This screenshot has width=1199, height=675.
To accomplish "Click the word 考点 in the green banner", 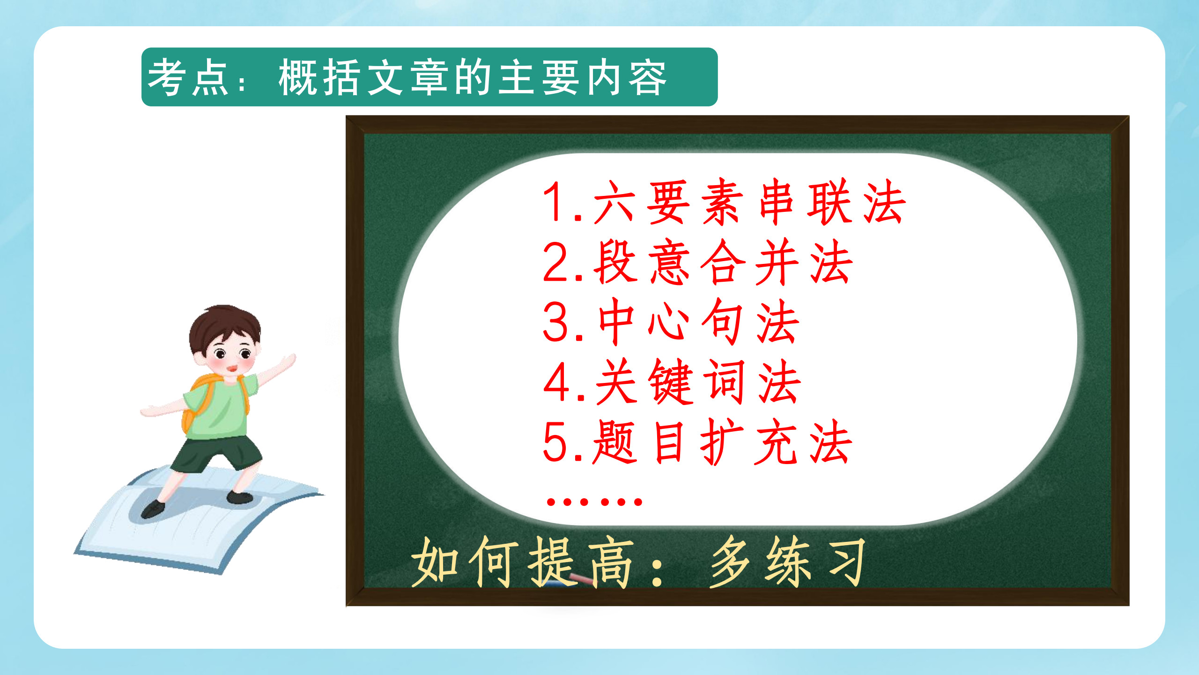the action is pos(188,78).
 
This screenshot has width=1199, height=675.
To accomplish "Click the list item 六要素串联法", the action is pos(749,202).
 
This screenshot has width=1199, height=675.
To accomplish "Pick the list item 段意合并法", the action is pos(723,262).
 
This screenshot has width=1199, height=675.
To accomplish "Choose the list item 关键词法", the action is pos(698,382).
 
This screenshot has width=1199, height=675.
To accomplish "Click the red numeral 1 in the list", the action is pos(555,202).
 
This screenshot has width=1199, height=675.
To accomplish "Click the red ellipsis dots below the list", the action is pos(594,502).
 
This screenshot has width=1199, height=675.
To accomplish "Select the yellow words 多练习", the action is pos(787,562).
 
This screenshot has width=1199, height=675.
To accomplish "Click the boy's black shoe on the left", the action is pos(153,509).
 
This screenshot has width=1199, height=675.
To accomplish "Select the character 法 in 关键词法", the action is pos(778,382).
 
